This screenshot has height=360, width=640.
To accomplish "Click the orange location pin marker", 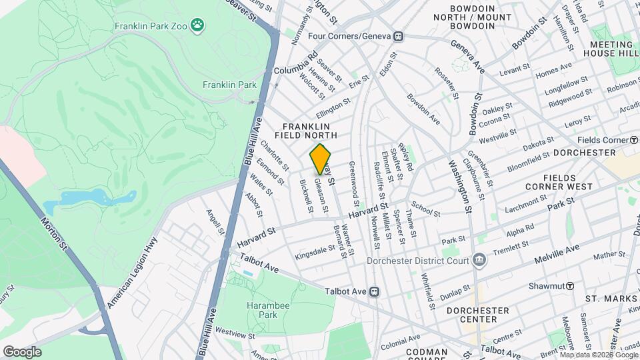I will click(321, 159).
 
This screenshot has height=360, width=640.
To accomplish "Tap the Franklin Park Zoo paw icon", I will click(197, 26).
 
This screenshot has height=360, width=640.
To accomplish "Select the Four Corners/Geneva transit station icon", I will click(398, 36).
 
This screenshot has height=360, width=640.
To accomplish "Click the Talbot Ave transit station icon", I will click(375, 291).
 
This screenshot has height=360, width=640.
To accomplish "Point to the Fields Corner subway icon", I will click(634, 140).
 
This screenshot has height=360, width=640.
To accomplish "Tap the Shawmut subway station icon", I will click(570, 286).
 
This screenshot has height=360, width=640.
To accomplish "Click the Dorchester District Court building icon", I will click(478, 259).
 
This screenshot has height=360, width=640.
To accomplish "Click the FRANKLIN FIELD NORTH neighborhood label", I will click(306, 131).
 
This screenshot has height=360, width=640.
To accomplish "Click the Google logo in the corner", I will click(22, 351).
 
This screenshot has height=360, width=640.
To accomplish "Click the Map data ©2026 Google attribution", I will click(598, 355).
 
